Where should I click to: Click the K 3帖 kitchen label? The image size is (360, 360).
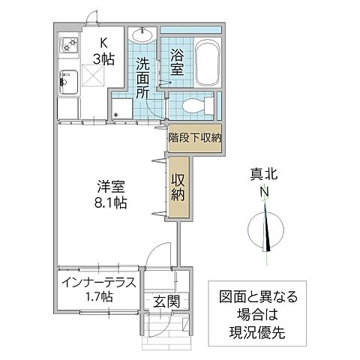pyautogui.click(x=102, y=51)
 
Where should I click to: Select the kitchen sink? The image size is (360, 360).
pyautogui.click(x=67, y=81)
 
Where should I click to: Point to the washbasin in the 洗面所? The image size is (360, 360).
pyautogui.click(x=142, y=35)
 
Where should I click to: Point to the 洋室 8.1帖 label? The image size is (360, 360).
pyautogui.click(x=109, y=193)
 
